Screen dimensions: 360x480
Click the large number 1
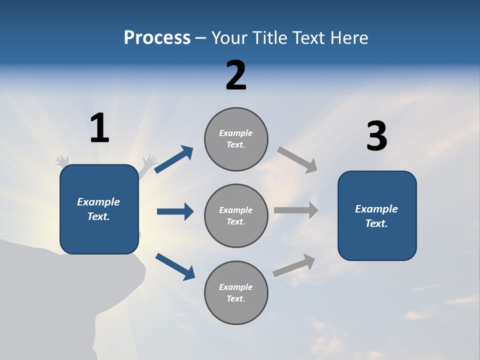[99, 128]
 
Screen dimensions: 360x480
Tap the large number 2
[236, 75]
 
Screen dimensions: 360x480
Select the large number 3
[376, 136]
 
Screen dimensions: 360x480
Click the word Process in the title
[157, 38]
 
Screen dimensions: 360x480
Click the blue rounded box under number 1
[99, 209]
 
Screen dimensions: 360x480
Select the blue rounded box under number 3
[377, 216]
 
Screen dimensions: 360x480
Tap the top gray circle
[236, 139]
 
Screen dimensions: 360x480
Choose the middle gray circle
[236, 216]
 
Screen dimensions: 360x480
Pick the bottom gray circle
[236, 293]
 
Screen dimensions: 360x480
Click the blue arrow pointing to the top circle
[174, 159]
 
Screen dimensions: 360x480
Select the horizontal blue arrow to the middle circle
[175, 211]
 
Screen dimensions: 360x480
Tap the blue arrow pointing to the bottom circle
[175, 266]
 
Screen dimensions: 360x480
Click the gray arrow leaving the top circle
[297, 159]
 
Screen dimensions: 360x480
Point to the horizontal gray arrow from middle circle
[296, 210]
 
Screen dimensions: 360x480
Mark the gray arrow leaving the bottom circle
[294, 265]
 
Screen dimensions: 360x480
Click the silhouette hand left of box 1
[62, 161]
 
